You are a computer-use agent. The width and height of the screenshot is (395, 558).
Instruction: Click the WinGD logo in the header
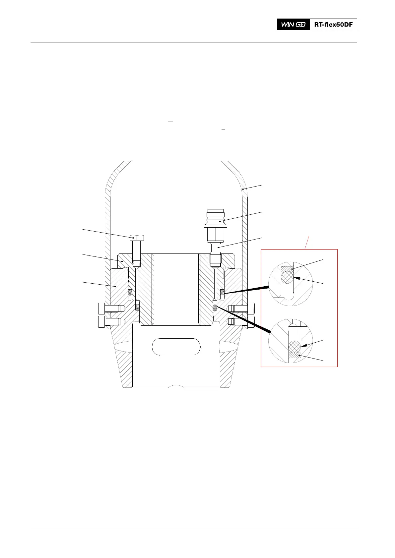tap(293, 25)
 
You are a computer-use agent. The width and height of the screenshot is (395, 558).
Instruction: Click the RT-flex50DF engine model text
tap(333, 25)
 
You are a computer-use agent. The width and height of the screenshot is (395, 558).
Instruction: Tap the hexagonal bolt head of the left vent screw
tap(137, 237)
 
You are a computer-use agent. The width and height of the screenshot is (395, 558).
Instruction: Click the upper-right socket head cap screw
tap(242, 308)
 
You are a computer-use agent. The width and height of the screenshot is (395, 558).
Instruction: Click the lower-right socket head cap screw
tap(242, 322)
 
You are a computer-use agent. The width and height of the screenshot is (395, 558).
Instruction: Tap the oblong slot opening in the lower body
tap(176, 347)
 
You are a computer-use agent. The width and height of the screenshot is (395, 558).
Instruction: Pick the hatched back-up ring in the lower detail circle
tap(295, 356)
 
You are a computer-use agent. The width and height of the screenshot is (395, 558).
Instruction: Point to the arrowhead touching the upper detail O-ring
tap(296, 278)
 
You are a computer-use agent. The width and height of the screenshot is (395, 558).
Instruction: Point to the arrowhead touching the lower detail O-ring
tap(303, 346)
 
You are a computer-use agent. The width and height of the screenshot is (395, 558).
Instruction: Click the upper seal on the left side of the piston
tap(130, 293)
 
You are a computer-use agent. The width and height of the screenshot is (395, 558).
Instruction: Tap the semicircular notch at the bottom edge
tap(176, 386)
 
